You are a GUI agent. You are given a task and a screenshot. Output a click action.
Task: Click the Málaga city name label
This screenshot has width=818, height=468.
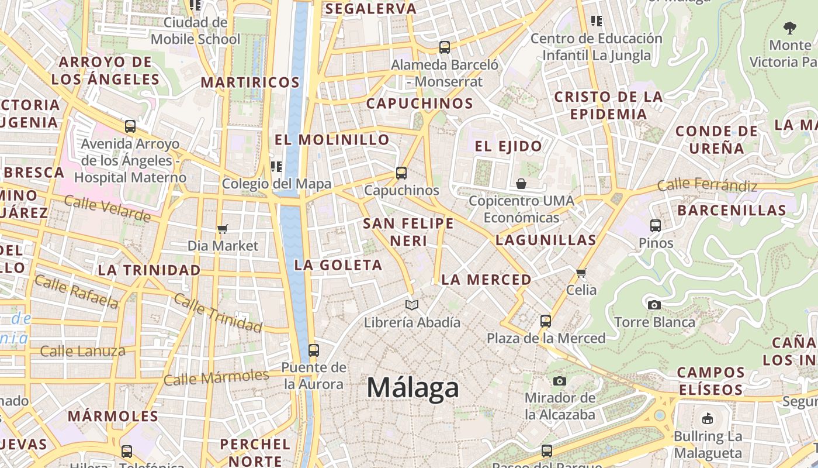tap(413, 388)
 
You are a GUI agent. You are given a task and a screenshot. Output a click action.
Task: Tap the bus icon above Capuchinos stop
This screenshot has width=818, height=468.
tap(401, 173)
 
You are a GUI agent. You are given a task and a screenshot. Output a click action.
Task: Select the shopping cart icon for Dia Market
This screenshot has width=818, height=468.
tap(222, 229)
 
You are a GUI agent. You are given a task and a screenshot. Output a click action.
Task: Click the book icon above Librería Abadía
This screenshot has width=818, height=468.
tap(412, 305)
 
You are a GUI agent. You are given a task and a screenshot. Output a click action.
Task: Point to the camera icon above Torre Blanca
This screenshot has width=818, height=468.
tap(654, 305)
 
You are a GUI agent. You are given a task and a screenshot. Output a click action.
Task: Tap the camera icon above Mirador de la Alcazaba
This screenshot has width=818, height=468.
tap(559, 381)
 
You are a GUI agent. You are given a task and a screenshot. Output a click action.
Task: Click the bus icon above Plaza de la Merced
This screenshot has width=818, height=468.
tap(545, 321)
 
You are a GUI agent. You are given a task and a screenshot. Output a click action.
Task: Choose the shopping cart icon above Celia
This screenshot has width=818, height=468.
tap(581, 273)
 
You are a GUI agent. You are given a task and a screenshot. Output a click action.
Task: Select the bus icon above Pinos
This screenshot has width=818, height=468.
tap(656, 225)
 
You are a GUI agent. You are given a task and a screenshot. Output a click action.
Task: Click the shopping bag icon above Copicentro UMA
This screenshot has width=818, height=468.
tap(521, 184)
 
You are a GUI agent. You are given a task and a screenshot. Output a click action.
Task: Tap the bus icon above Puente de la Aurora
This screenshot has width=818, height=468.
tap(314, 350)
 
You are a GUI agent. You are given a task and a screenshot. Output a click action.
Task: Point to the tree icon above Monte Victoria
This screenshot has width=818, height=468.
tap(789, 27)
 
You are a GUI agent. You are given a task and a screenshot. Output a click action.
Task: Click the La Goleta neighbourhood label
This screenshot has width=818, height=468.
tap(338, 265)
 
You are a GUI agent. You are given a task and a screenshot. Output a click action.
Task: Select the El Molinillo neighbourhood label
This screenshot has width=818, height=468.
tap(332, 140)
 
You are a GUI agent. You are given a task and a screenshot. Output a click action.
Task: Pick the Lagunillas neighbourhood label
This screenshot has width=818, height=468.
tap(546, 240)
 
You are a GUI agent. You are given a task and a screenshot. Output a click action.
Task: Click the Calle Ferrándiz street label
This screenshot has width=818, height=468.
tap(707, 185)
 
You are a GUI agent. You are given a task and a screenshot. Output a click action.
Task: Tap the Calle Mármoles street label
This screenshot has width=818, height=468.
tap(216, 378)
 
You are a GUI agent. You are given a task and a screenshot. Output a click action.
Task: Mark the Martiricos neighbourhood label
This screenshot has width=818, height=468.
tap(250, 82)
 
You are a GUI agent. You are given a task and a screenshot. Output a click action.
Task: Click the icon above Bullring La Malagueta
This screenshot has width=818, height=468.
tap(708, 418)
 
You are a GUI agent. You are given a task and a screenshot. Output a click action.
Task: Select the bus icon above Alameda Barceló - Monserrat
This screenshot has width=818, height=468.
tap(445, 47)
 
